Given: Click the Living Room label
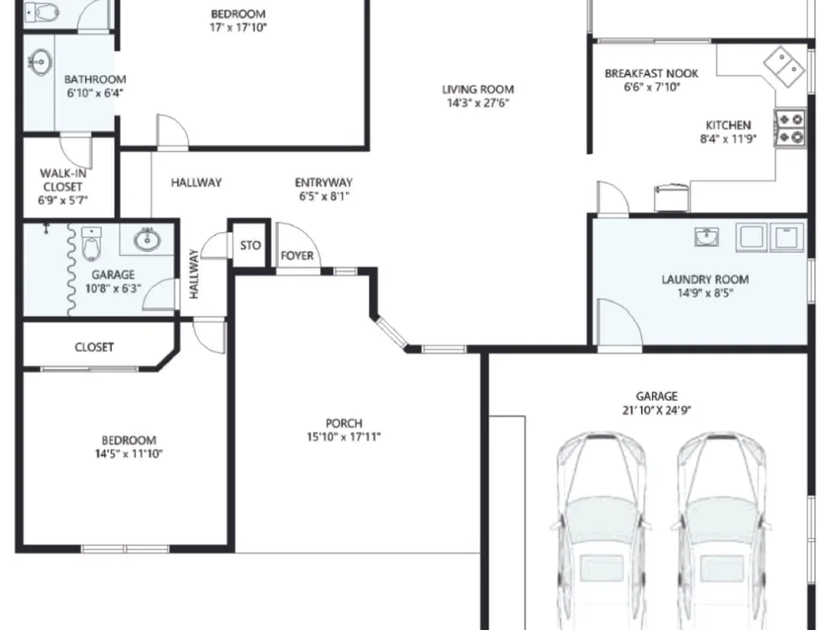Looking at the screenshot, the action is point(478,90).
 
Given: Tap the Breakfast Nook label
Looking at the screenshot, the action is point(652,73).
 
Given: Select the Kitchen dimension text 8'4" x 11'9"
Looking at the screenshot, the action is point(728,139).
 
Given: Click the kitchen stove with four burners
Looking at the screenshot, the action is point(790,128).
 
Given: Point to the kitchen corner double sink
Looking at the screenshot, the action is point(785,66).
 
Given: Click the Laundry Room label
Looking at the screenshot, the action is point(705,279).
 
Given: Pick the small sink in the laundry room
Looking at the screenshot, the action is point(706,236).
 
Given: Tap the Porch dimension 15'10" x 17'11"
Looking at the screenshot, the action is point(344,437).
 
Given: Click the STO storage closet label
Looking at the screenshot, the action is point(250,245).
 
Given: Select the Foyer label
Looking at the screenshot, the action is point(297,255).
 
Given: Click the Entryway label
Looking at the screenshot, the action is point(323,182).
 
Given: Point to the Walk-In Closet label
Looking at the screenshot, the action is point(63,180).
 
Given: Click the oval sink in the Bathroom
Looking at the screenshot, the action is point(40,63).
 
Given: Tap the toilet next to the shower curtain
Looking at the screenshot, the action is point(91,244).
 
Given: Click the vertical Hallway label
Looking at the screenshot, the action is point(194,274).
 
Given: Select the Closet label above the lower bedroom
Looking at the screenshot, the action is point(94,347).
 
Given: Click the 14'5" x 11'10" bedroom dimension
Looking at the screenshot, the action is point(129,454).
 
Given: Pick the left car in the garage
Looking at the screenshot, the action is point(601,530).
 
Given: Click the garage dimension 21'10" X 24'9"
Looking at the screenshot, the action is point(657,411).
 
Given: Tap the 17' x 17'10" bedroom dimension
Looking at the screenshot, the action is point(238,28).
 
